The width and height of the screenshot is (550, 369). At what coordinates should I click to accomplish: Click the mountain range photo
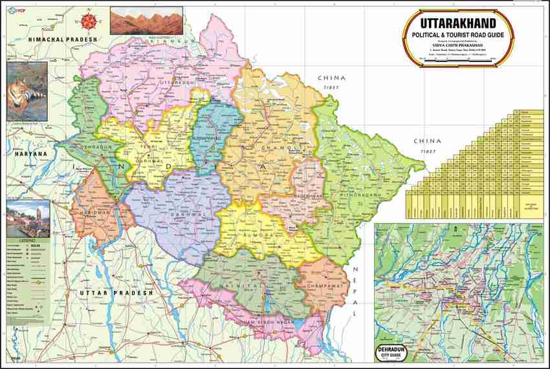click(x=137, y=20)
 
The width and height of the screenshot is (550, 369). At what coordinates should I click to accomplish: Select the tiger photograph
click(x=27, y=91)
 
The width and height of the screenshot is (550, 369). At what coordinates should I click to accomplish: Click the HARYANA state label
click(x=24, y=154)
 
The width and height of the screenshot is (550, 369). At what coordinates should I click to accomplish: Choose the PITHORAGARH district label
click(x=353, y=192)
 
